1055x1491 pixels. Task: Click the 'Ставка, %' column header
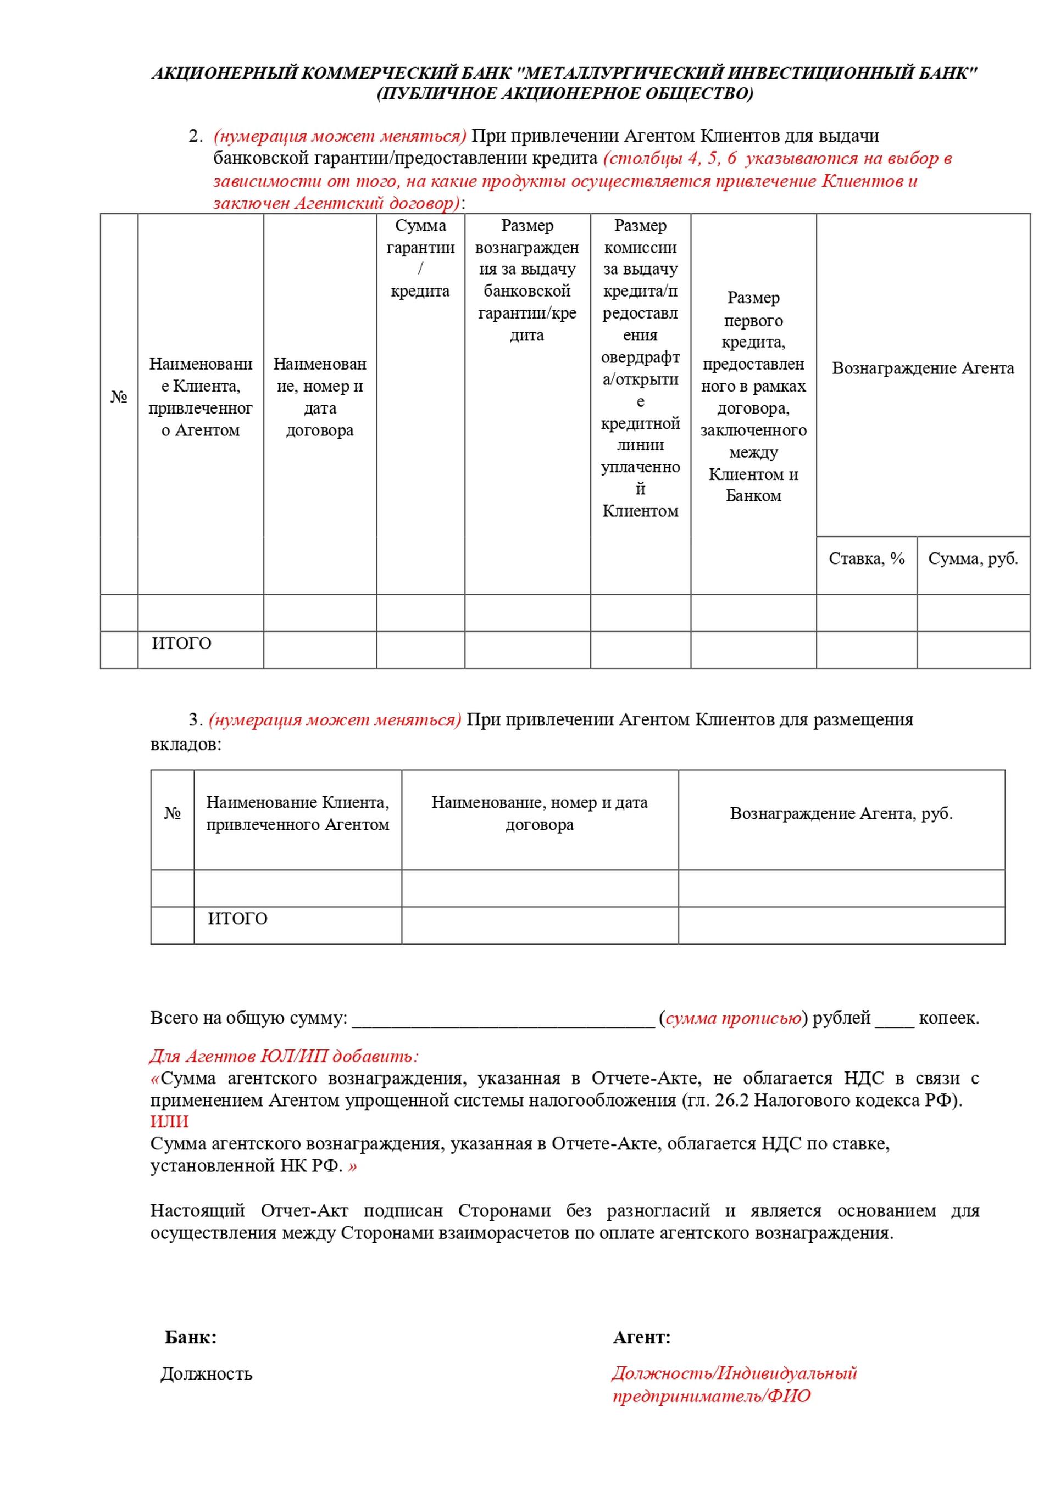866,559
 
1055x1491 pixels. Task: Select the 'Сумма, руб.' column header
973,559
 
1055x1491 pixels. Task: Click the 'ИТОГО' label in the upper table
181,644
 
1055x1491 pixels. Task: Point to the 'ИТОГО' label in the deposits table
237,919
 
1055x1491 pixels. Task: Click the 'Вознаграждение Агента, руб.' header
841,814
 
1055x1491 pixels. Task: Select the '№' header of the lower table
172,814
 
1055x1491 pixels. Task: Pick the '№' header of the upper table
119,398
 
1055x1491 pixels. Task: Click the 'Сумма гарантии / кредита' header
420,259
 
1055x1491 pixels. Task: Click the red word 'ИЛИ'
170,1121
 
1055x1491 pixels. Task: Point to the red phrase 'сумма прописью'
733,1018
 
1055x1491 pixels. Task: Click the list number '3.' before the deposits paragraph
196,719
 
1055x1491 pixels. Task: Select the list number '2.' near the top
196,136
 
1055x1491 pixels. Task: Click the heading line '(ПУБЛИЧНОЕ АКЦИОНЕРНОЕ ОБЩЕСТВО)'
564,94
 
